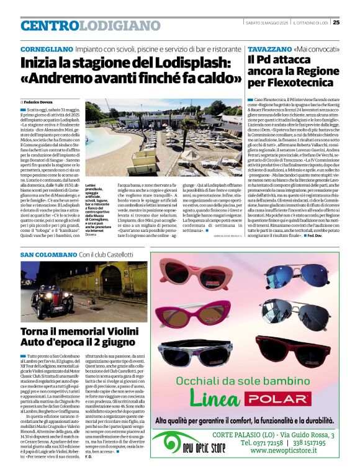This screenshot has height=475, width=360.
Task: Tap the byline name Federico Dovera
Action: [x=42, y=101]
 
